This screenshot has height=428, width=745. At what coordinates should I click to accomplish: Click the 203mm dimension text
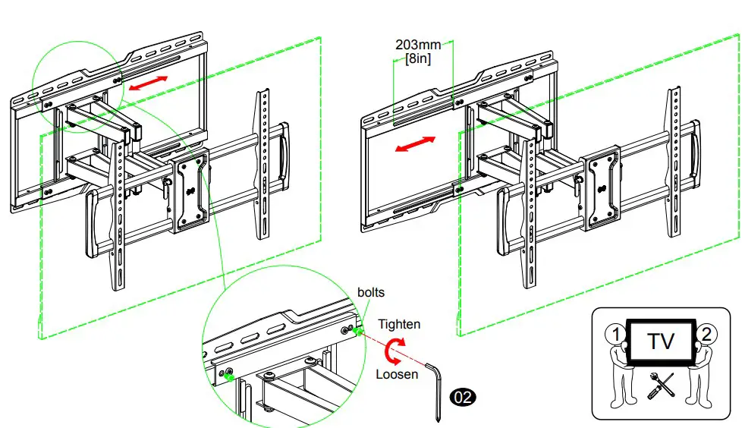click(x=417, y=44)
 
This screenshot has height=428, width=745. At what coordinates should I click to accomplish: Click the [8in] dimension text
click(x=418, y=58)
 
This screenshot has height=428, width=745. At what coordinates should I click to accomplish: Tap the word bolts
click(x=371, y=293)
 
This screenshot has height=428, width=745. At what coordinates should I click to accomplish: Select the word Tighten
click(x=399, y=324)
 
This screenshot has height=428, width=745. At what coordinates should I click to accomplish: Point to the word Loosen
click(x=396, y=374)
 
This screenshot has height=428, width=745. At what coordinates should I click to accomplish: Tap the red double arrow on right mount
click(x=416, y=144)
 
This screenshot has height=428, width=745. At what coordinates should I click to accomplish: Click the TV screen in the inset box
click(x=660, y=341)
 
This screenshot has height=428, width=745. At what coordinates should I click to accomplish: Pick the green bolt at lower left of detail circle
click(x=228, y=373)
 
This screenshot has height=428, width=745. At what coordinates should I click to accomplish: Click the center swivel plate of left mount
click(x=190, y=194)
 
